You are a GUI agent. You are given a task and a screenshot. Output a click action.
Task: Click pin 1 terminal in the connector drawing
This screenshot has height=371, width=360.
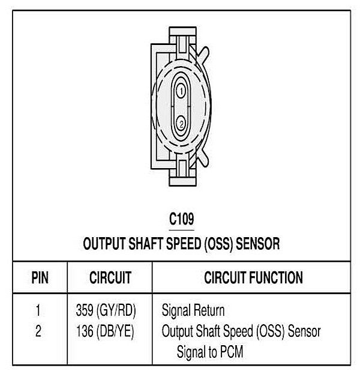click(179, 91)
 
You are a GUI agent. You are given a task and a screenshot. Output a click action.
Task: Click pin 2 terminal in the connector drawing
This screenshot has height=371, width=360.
click(180, 124)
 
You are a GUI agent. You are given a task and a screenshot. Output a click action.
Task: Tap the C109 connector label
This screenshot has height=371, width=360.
click(181, 220)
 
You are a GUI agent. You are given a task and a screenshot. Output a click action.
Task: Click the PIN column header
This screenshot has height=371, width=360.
click(38, 279)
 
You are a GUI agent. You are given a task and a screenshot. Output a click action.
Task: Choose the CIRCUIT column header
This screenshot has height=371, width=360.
click(110, 279)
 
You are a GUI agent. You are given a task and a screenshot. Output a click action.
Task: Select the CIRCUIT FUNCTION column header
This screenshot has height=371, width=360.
click(253, 278)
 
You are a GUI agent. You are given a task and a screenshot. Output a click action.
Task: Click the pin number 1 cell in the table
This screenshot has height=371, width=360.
click(38, 311)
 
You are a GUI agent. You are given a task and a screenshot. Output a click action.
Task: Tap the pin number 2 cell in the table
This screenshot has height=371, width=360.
click(38, 331)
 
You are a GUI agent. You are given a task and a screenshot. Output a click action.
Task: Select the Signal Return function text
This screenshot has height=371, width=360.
click(193, 311)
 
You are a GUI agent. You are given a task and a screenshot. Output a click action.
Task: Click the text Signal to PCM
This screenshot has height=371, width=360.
click(210, 351)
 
